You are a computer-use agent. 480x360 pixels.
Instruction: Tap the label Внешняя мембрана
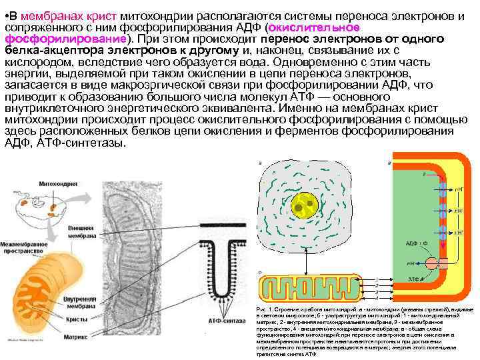point(83,231)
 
